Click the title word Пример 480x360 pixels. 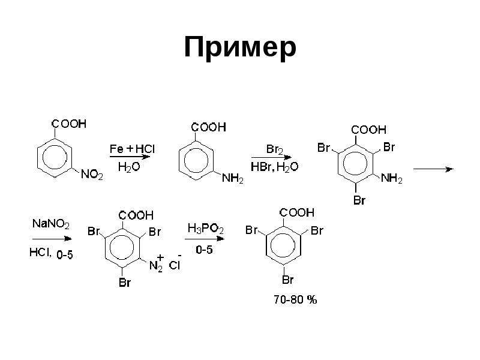tap(241, 48)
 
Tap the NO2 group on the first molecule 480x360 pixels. tap(92, 175)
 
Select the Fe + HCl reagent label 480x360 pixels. tap(132, 149)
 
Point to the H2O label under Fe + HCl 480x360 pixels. tap(129, 167)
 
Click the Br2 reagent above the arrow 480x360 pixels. tap(275, 149)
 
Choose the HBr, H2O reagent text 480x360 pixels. tap(274, 167)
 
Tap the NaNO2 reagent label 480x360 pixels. tap(51, 223)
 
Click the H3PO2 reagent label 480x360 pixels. tap(205, 229)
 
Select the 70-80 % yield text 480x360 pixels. tap(295, 299)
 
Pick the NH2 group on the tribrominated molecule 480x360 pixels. tap(392, 178)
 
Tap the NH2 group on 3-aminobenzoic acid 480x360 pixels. tap(233, 178)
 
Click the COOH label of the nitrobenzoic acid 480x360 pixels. tap(69, 124)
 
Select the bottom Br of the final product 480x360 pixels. tap(288, 280)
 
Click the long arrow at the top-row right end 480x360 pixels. tap(433, 169)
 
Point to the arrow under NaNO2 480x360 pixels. tap(52, 238)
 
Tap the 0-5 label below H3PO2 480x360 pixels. tap(204, 250)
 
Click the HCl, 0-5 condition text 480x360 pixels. tap(51, 253)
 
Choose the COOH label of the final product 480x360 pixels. tap(297, 212)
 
